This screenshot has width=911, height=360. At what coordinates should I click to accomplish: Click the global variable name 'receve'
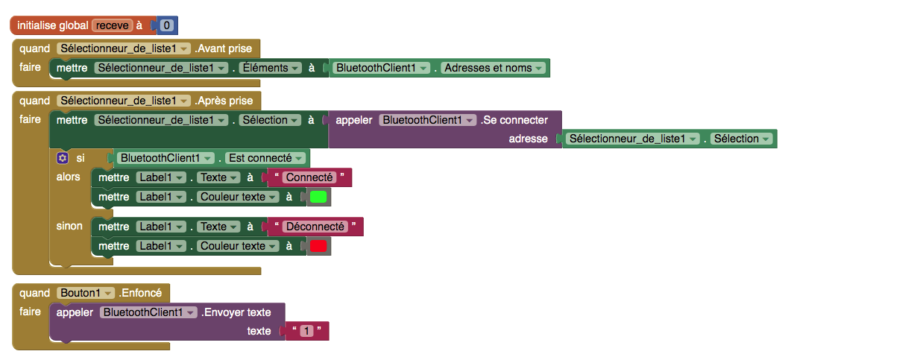coord(113,25)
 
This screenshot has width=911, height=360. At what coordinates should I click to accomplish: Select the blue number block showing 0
coord(166,25)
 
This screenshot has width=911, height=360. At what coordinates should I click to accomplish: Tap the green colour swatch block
coord(318,198)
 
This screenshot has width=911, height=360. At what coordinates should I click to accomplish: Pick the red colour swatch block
coord(318,246)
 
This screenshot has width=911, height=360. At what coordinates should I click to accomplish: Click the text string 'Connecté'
coord(309,177)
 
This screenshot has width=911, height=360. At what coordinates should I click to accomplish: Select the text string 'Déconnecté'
coord(315,227)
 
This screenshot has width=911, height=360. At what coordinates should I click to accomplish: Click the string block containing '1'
coord(306,331)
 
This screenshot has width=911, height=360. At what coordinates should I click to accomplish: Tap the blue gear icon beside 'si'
coord(62,158)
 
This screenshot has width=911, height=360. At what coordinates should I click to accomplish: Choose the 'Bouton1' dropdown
coord(86,293)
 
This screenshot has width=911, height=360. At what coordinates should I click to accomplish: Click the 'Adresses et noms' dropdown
coord(494,68)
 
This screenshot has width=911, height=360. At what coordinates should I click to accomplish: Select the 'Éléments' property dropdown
coord(271,68)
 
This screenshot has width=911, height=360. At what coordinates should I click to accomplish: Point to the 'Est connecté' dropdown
coord(265,158)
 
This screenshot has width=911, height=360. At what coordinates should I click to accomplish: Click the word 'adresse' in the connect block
coord(528,139)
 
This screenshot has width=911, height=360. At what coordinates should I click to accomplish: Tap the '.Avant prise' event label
coord(223,48)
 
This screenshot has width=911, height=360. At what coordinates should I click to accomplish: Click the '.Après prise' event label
coord(224,101)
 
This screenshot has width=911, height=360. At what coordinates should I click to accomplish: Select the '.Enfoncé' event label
coord(140,293)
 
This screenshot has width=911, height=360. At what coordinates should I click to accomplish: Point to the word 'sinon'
coord(69,226)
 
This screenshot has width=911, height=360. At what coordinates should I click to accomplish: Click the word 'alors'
coord(68,177)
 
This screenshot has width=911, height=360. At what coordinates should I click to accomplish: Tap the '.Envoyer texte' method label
coord(236,312)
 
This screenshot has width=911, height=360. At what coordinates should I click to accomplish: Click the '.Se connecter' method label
coord(514,120)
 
